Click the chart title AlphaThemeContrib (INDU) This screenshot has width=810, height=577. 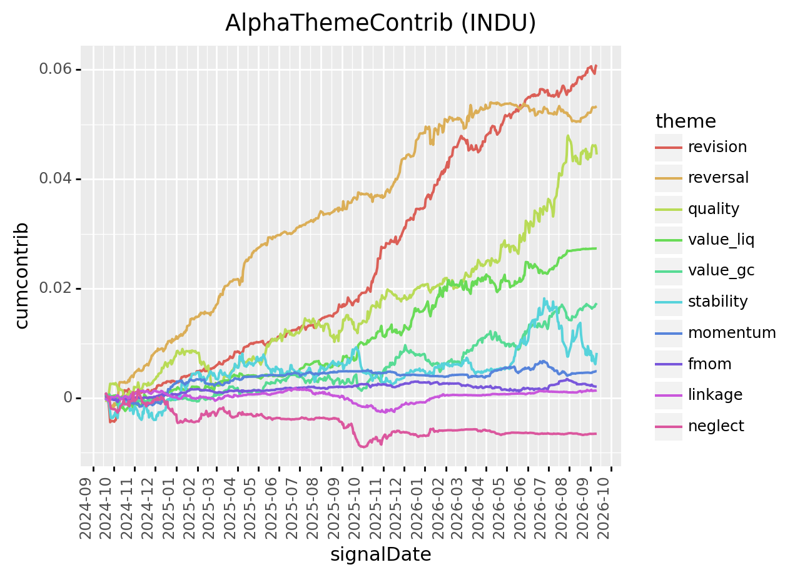pos(380,23)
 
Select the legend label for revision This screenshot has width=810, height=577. pos(717,147)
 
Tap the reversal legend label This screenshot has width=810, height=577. pos(718,178)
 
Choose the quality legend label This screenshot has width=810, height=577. pos(714,209)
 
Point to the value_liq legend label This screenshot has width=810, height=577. pos(721,240)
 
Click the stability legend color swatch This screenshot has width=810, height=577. pos(669,302)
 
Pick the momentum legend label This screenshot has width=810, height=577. pos(732,333)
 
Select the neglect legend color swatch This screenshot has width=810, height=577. pos(669,427)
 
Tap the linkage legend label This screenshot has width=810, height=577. pos(715,395)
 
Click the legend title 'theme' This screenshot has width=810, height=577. pos(686,121)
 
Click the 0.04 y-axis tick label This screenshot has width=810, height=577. pos(55,179)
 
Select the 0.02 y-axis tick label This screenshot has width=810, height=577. pos(55,288)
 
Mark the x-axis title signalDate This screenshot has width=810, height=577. pos(380,554)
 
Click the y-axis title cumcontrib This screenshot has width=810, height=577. pos(22,275)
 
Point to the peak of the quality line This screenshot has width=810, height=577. pos(568,136)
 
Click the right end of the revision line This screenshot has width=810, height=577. pos(596,66)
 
